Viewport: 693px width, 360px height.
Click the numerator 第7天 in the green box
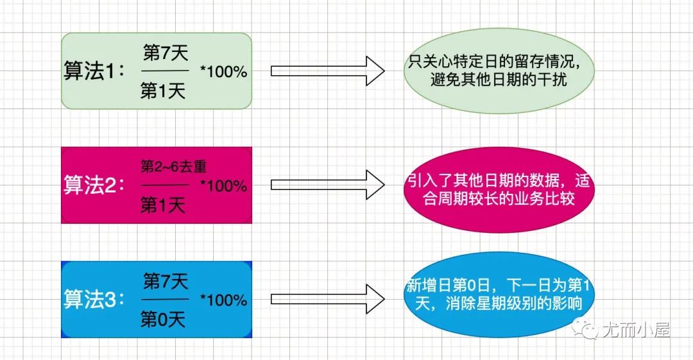coord(165,51)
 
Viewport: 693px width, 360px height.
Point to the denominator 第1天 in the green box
coord(163,91)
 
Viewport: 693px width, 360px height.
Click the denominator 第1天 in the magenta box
coord(163,205)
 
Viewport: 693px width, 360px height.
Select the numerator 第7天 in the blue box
coord(165,280)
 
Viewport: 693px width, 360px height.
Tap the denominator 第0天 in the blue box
coord(163,320)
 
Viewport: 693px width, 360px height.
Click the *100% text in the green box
coord(223,71)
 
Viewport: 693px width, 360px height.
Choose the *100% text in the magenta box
coord(223,186)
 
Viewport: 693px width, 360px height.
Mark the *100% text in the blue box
coord(223,300)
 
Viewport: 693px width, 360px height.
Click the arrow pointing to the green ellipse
coord(327,71)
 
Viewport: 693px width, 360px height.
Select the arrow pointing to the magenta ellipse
coord(327,185)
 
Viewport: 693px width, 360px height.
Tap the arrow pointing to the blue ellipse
coord(327,299)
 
